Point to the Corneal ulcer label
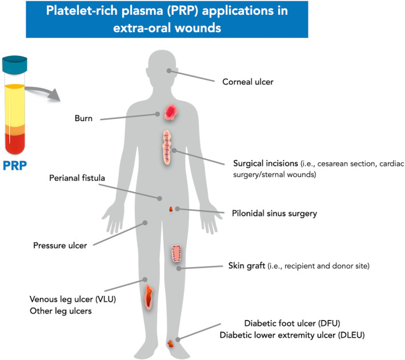click(248, 82)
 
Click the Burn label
click(83, 119)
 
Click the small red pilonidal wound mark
click(171, 210)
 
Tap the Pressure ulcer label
click(60, 246)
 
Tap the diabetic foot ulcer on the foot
click(170, 343)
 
